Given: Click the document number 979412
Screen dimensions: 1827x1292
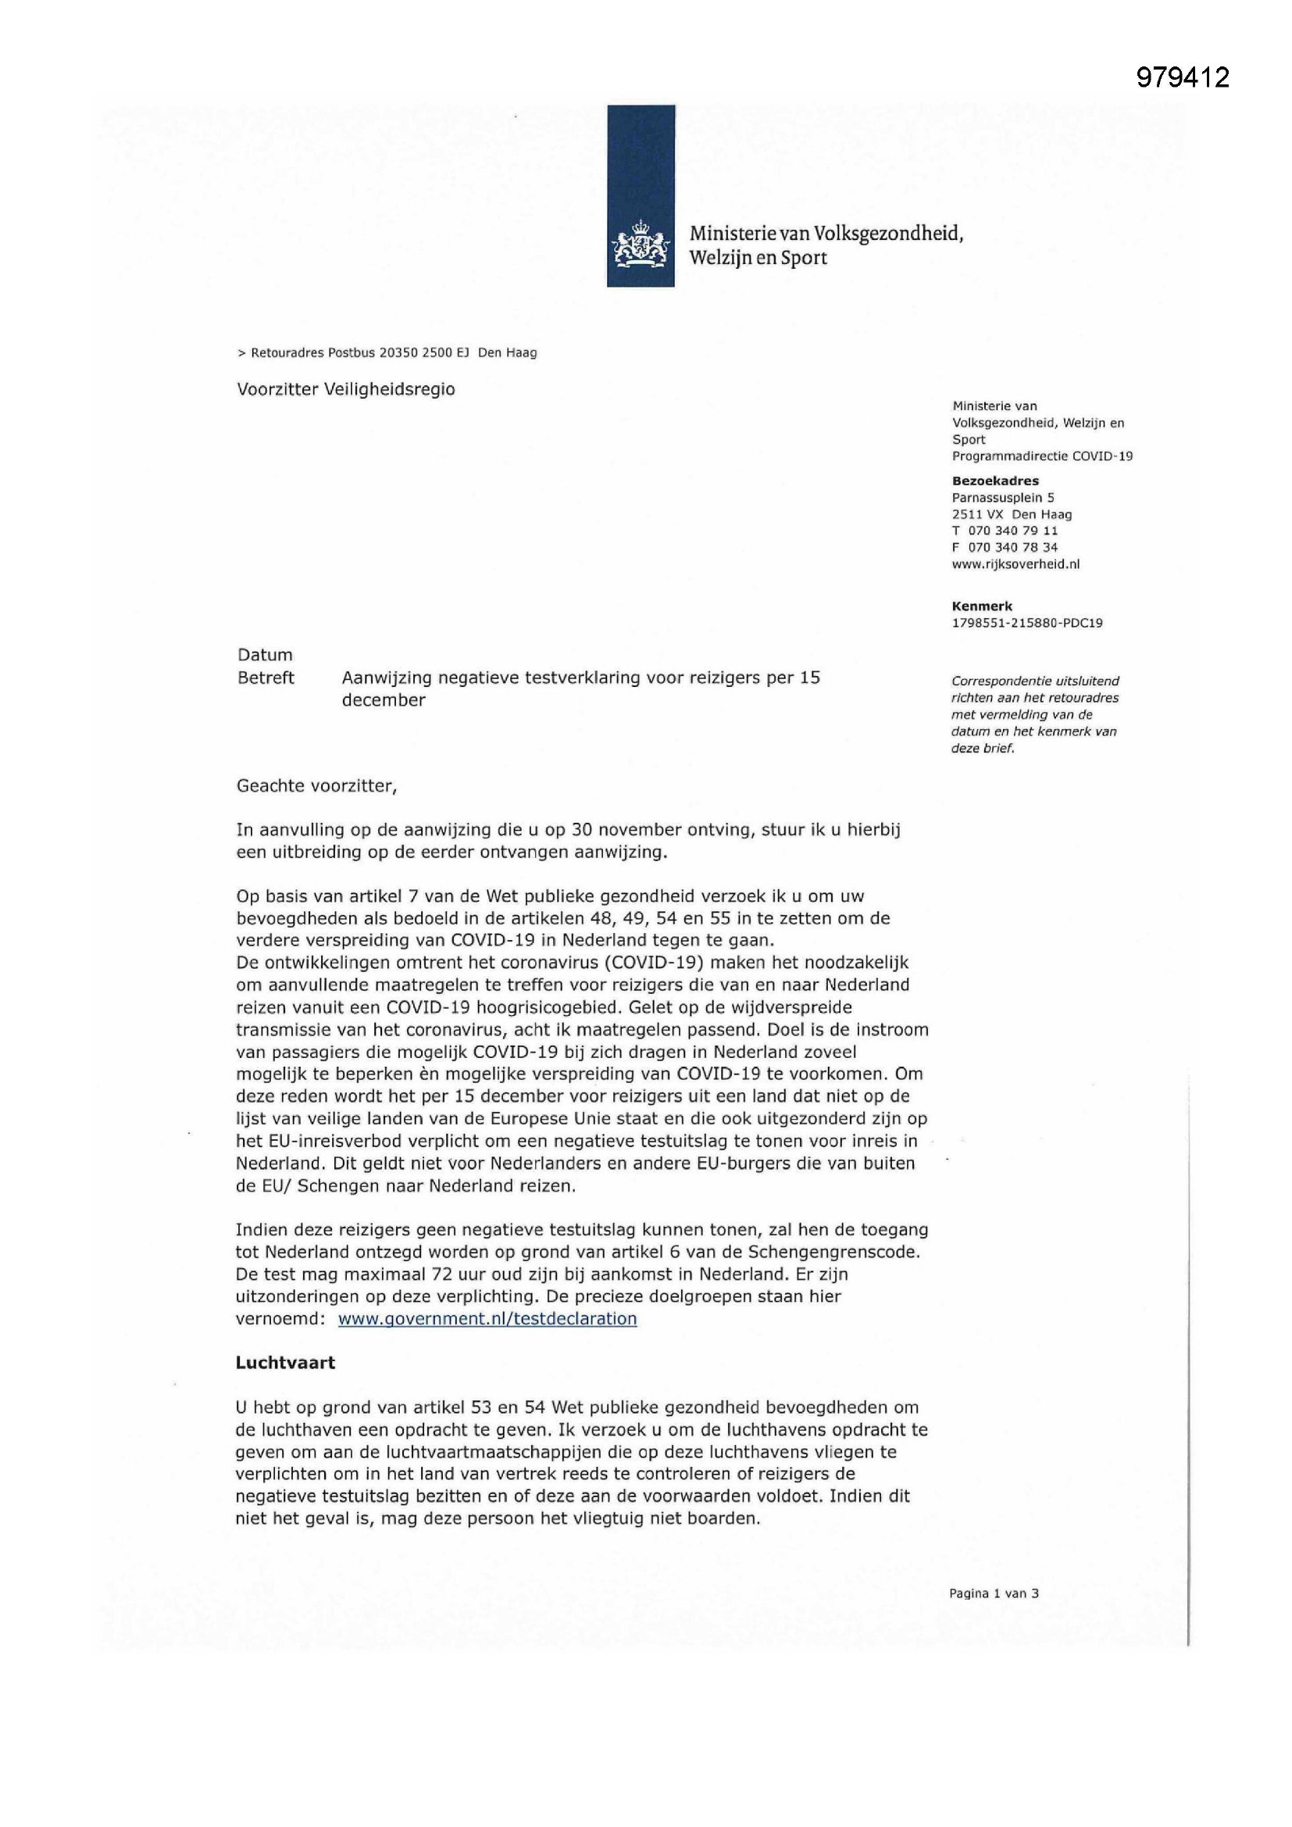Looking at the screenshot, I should point(1182,77).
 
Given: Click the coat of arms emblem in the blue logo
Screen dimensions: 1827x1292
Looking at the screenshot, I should point(641,245).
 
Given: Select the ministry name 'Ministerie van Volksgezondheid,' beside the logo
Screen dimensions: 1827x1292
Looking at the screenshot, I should point(826,234).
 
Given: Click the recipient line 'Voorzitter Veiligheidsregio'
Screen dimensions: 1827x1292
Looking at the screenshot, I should point(346,389).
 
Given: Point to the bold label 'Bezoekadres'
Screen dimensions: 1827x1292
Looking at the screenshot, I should point(995,481).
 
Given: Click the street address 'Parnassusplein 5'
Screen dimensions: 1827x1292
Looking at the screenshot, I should point(1003,497).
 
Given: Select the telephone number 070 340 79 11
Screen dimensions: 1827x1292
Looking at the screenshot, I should point(1013,531).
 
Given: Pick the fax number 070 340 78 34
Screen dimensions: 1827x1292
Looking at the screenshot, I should point(1013,548).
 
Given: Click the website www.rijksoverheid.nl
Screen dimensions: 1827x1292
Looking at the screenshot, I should point(1015,564).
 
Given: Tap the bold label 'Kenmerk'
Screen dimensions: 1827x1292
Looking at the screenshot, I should point(982,606).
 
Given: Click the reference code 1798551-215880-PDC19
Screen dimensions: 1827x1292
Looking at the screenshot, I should point(1027,623).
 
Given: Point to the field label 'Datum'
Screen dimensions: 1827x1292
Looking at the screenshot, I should point(265,655).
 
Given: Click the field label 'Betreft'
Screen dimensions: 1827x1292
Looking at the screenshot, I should point(266,678).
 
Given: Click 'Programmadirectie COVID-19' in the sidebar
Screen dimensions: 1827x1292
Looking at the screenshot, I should point(1042,456).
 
